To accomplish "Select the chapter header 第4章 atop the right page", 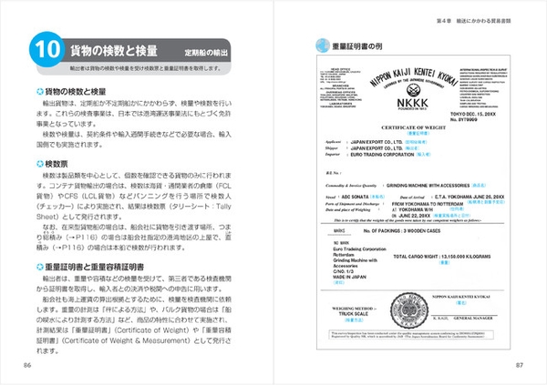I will click(444, 17).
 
